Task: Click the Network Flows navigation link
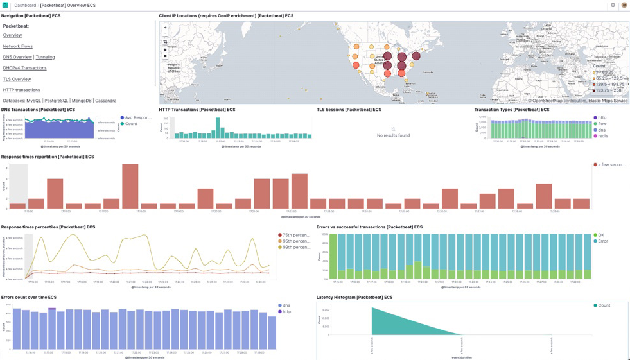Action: click(x=17, y=46)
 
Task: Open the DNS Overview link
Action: click(x=17, y=57)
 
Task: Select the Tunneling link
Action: click(x=45, y=57)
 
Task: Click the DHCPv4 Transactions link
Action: click(x=24, y=68)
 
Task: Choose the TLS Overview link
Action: click(x=17, y=79)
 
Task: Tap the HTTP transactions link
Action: click(x=21, y=90)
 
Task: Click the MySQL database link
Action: click(x=33, y=101)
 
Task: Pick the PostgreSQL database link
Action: click(x=56, y=101)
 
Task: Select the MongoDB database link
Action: click(x=82, y=101)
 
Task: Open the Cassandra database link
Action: click(x=105, y=101)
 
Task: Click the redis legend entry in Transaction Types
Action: click(x=602, y=136)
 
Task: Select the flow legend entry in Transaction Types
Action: click(x=602, y=124)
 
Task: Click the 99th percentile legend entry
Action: click(x=296, y=247)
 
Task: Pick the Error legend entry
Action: click(x=603, y=241)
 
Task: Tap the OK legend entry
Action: click(x=601, y=235)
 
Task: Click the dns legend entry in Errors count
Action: click(x=286, y=305)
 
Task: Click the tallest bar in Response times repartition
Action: click(x=130, y=186)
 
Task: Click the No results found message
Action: click(x=393, y=135)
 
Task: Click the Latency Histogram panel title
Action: click(x=354, y=298)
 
